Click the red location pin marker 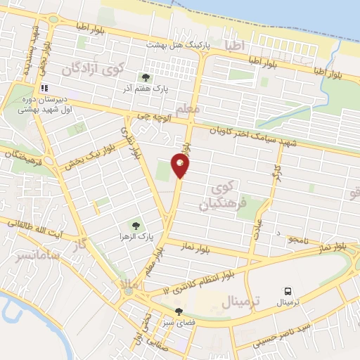(181, 165)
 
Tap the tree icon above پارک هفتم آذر (146, 77)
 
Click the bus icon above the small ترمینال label (288, 291)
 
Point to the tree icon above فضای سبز (179, 311)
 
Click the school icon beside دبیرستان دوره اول (44, 89)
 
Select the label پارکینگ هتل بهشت (174, 44)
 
